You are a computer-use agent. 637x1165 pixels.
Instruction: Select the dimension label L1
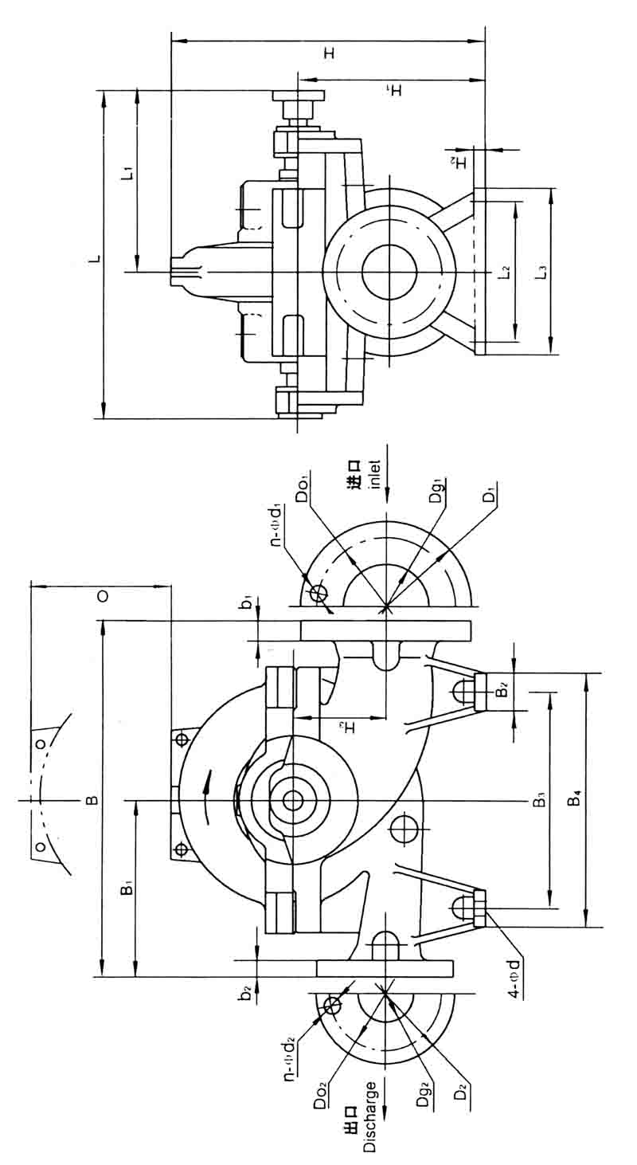127,172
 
